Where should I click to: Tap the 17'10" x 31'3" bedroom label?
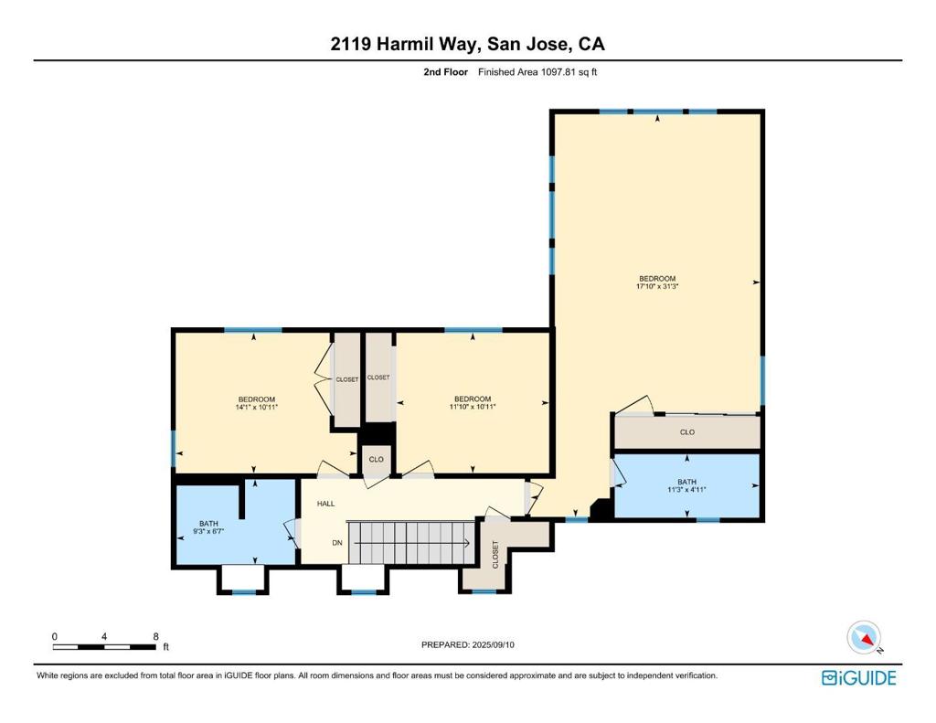point(657,282)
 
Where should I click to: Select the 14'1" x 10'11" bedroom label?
point(257,404)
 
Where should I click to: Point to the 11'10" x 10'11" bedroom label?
point(473,403)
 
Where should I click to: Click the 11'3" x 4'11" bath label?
point(686,485)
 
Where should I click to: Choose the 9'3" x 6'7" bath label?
point(208,527)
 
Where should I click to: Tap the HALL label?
point(326,504)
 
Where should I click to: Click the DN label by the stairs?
point(337,543)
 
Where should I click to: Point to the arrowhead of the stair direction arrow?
point(467,543)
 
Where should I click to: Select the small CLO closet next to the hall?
point(376,459)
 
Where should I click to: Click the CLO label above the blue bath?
point(687,431)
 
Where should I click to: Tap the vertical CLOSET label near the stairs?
point(495,555)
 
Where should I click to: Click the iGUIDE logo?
point(859,678)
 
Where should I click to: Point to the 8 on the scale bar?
point(155,636)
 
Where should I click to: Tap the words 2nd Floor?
point(446,72)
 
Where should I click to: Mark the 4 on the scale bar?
point(104,636)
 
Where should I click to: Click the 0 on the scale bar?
point(55,636)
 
